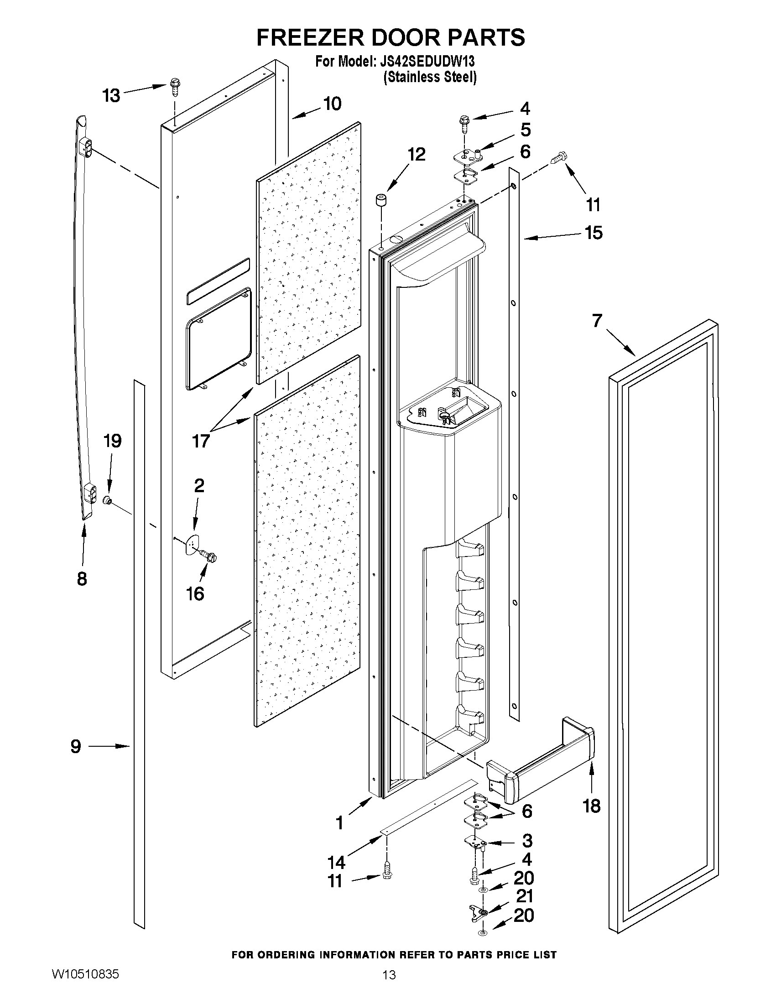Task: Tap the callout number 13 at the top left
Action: (x=111, y=96)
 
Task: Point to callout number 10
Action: (x=332, y=104)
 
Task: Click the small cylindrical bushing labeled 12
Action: (x=380, y=201)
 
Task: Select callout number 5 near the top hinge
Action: (x=525, y=130)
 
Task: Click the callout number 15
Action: (x=594, y=233)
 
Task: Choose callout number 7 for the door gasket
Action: (x=597, y=320)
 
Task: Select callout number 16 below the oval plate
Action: (x=195, y=593)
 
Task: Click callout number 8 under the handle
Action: (x=82, y=579)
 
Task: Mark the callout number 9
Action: (x=76, y=746)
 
